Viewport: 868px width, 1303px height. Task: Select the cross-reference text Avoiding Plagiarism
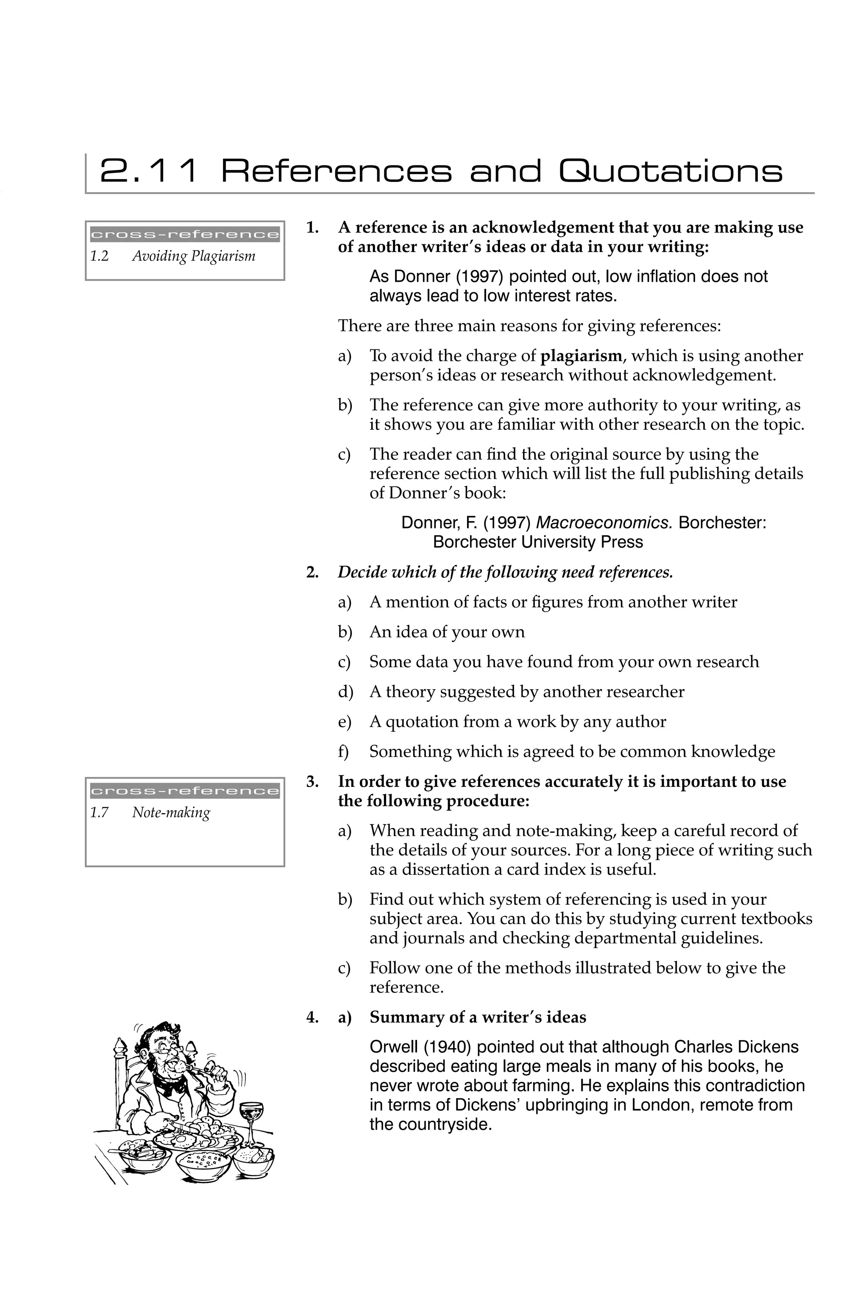click(x=193, y=256)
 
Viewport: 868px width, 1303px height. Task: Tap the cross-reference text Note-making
click(x=171, y=813)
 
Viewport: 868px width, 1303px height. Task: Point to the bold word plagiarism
click(x=581, y=356)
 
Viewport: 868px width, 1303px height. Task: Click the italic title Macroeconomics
click(x=604, y=523)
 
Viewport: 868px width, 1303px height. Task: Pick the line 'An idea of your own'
click(x=447, y=632)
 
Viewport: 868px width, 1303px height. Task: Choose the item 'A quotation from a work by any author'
click(x=517, y=722)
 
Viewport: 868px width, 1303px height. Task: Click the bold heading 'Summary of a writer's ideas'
click(x=478, y=1018)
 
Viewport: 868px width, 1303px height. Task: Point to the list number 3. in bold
click(x=313, y=782)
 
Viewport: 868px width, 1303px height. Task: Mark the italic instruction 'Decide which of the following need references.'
click(x=505, y=572)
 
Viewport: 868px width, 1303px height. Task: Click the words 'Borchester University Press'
click(x=537, y=542)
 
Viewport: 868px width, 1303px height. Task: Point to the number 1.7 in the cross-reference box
click(x=99, y=813)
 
